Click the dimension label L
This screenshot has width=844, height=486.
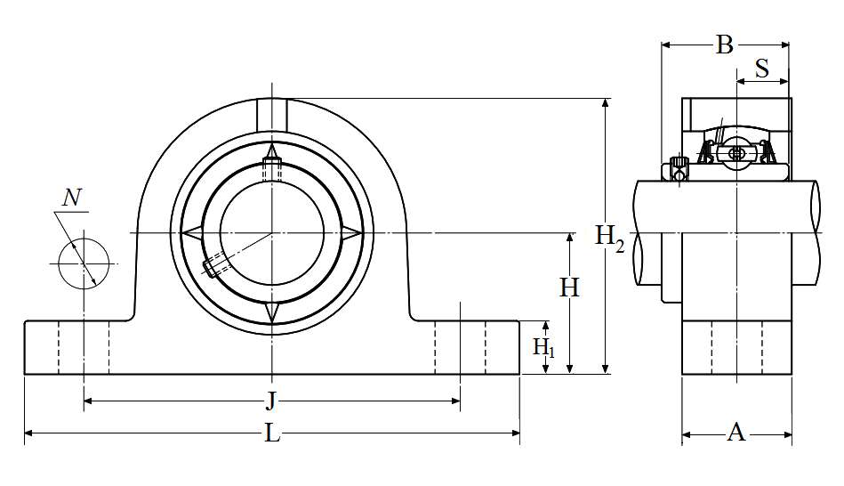tap(272, 433)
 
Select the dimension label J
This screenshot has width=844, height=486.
tap(272, 401)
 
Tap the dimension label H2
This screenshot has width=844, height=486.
tap(609, 237)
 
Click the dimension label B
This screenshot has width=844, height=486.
tap(725, 45)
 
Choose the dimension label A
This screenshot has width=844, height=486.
tap(735, 433)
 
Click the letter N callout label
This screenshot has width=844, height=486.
tap(74, 198)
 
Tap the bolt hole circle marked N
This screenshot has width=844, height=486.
tap(84, 263)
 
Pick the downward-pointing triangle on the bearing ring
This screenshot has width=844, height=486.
tap(272, 313)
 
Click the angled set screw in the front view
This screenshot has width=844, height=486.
tap(217, 265)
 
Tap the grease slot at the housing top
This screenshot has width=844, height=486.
tap(272, 113)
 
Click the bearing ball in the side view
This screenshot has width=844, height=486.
tap(736, 152)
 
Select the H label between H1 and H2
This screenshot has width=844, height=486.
tap(569, 288)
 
